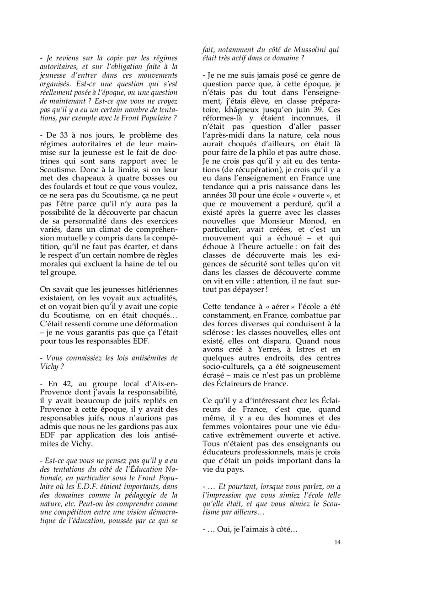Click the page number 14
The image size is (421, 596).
pyautogui.click(x=337, y=542)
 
